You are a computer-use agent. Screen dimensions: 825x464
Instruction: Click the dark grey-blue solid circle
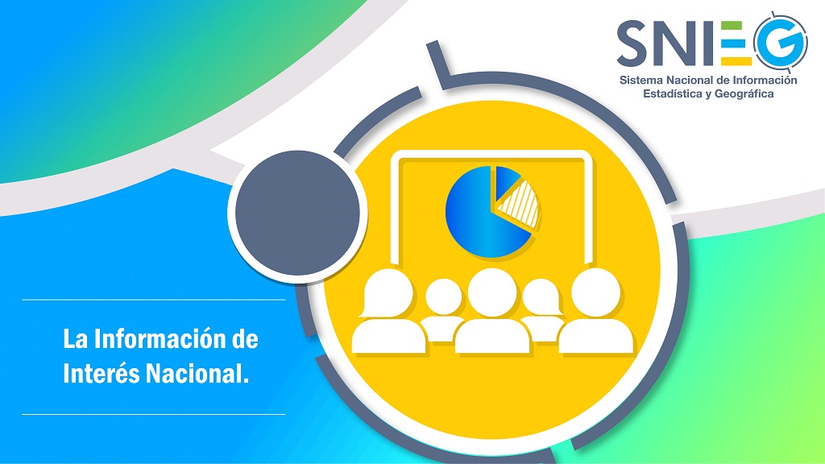coord(297,213)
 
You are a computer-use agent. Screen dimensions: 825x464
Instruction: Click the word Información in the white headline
coord(160,339)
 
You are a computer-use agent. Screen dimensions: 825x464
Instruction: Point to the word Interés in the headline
coord(102,374)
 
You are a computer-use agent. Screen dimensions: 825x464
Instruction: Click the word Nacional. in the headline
coord(197,374)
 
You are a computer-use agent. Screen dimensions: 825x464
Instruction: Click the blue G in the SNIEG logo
coord(780,41)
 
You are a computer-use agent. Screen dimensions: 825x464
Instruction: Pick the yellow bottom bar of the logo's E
coord(736,61)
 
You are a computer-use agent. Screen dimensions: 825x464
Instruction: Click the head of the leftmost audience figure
coord(388,293)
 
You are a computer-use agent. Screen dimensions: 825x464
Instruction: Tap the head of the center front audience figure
coord(492,292)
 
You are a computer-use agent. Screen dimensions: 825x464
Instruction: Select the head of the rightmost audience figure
coord(596,292)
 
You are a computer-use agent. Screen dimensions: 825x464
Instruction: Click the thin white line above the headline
coord(154,300)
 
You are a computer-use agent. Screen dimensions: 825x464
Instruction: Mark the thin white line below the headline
coord(154,415)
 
